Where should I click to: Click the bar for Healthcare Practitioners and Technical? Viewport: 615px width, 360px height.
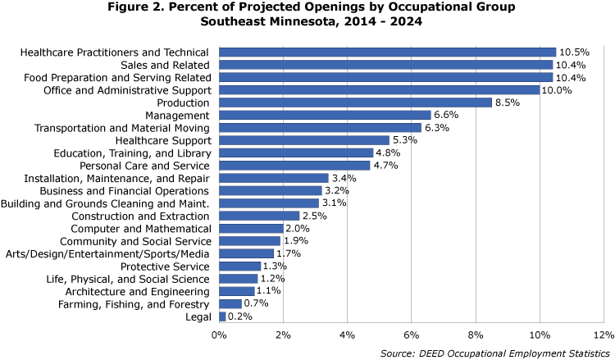[x=387, y=52]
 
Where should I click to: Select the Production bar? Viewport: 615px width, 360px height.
[x=355, y=103]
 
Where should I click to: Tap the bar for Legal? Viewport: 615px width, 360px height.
[x=222, y=317]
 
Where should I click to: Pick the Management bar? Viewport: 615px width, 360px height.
[x=325, y=115]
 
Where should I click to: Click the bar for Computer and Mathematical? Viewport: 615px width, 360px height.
[x=251, y=228]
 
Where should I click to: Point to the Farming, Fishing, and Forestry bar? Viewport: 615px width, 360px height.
[x=230, y=304]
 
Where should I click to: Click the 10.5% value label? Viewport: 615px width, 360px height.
[x=575, y=52]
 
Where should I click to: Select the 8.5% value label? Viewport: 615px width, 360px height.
[x=511, y=103]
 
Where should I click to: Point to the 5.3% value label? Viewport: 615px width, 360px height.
[x=408, y=140]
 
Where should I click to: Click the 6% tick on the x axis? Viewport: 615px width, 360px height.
[x=411, y=335]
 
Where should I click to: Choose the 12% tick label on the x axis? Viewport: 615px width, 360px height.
[x=603, y=335]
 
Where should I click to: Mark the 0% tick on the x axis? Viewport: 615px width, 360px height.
[x=219, y=335]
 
